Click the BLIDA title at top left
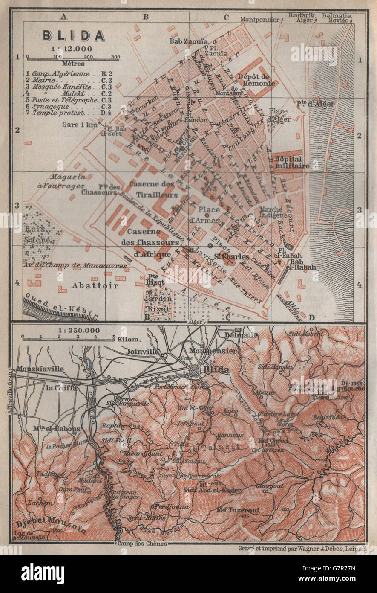coord(74,35)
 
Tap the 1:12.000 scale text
coord(73,48)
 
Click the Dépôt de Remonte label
coord(255,80)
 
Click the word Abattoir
coord(95,285)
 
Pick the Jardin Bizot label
coord(157,304)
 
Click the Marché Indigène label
coord(271,212)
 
